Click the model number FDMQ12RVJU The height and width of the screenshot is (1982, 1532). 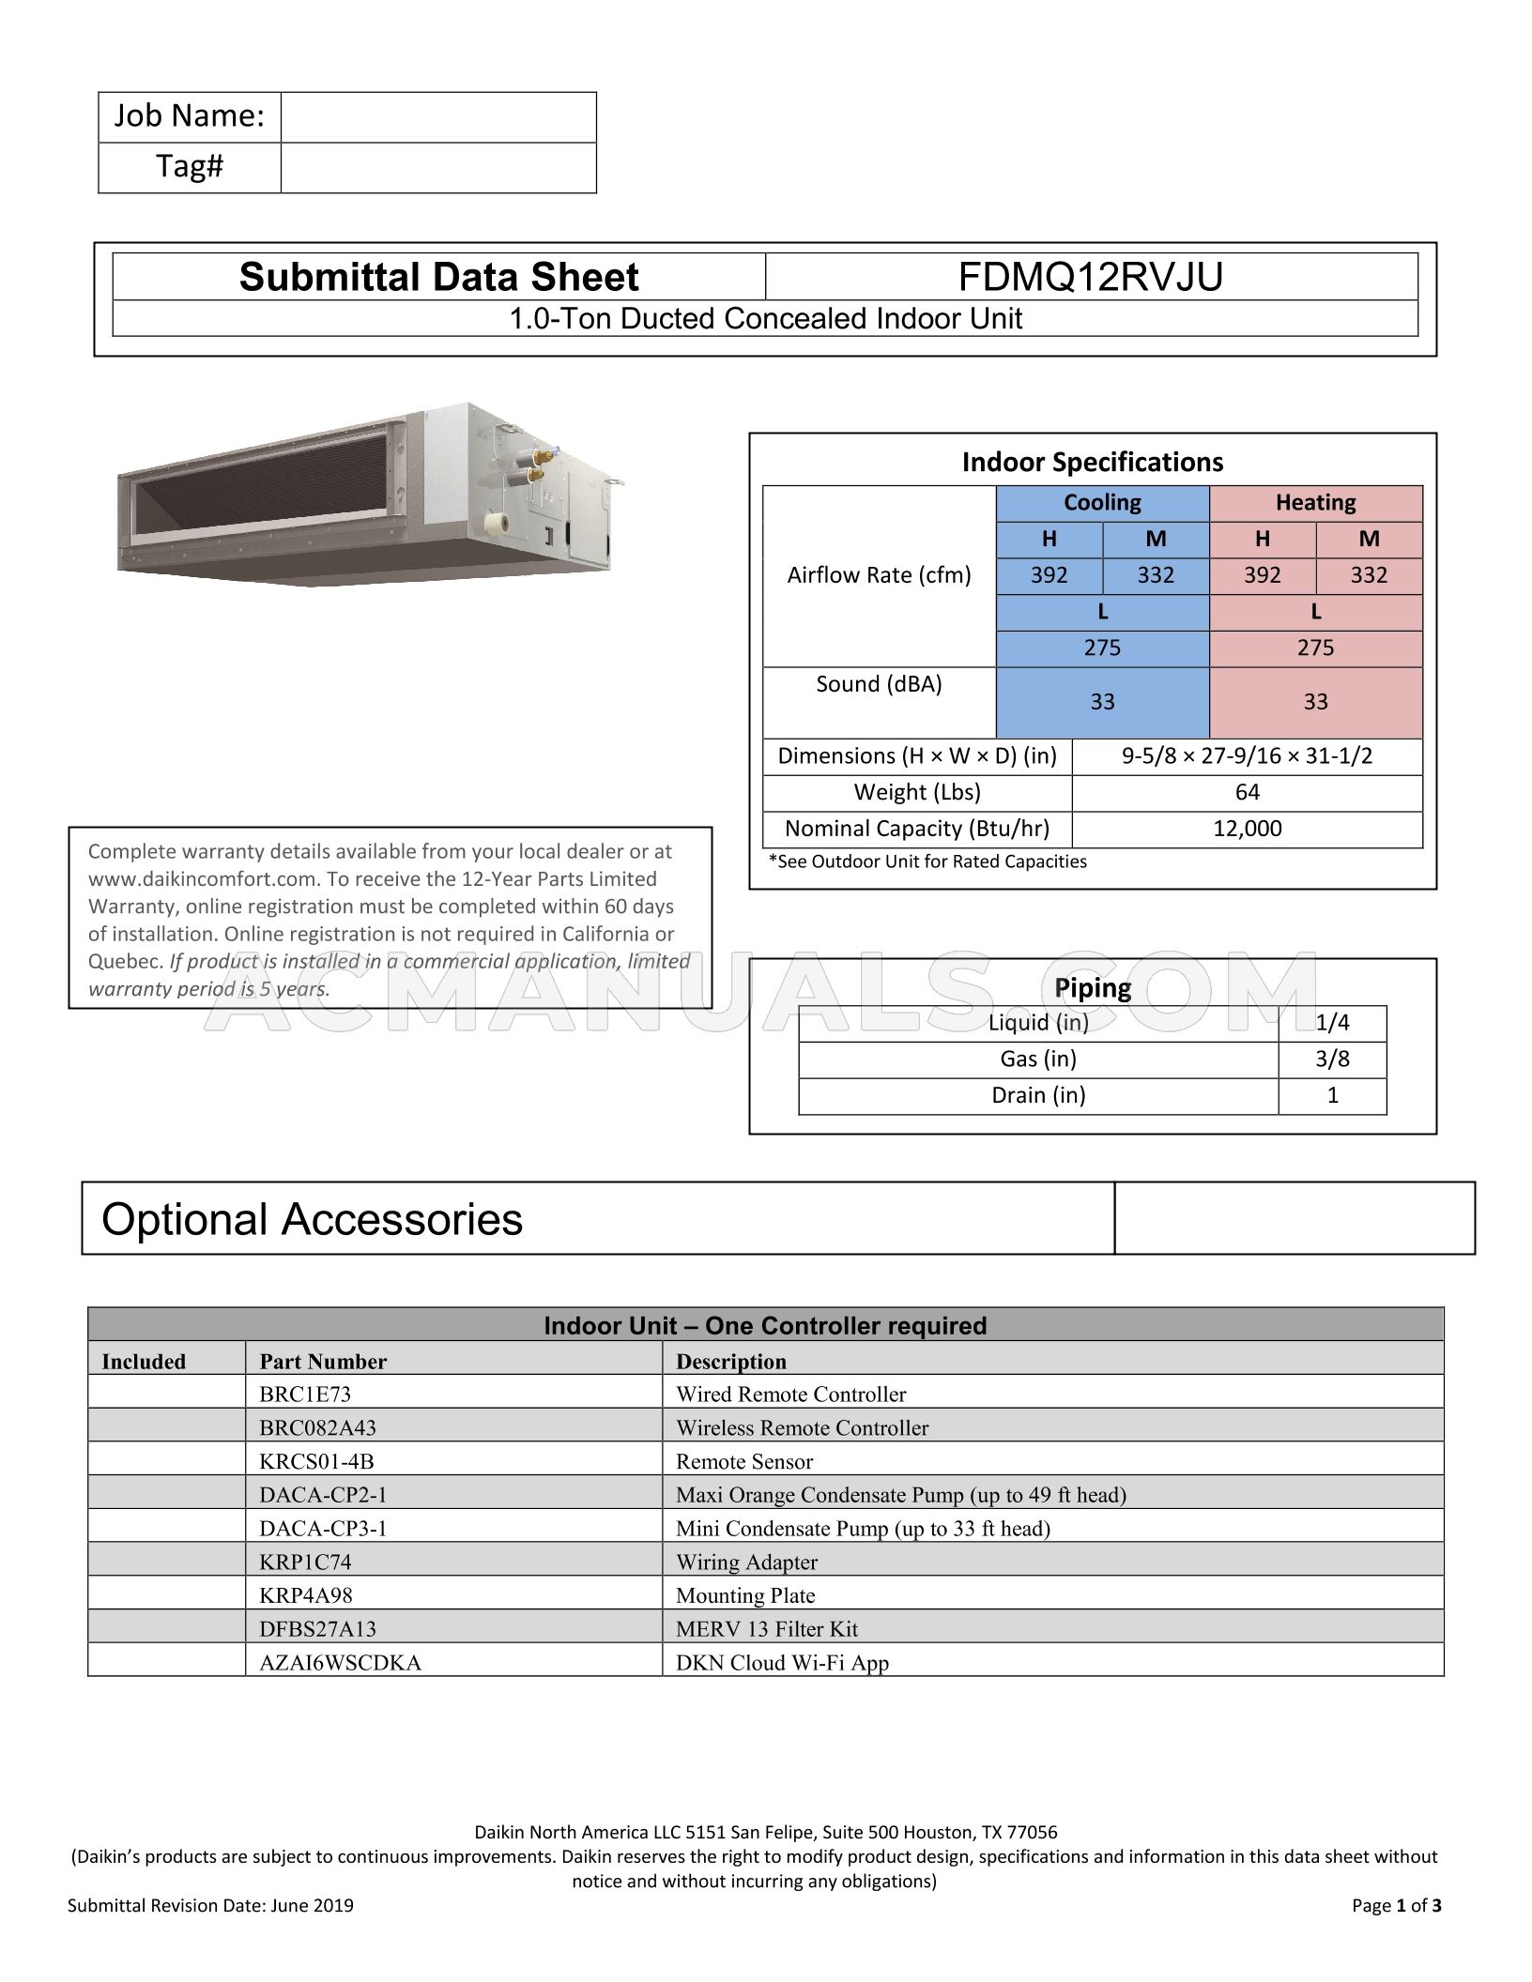point(1091,278)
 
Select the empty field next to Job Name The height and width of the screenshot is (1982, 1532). point(438,117)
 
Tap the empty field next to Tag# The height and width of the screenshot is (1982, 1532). point(438,168)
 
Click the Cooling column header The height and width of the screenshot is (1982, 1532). point(1102,503)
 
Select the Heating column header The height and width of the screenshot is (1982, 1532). point(1315,503)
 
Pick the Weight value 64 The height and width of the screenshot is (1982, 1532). point(1247,792)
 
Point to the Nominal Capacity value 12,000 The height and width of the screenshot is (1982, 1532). point(1247,829)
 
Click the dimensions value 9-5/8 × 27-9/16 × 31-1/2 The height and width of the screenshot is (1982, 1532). point(1247,756)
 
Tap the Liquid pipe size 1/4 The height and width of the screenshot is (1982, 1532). point(1332,1023)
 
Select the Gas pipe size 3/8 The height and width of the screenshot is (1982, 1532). point(1332,1060)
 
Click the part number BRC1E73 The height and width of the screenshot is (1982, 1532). point(305,1395)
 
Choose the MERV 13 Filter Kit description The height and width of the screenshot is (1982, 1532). point(767,1629)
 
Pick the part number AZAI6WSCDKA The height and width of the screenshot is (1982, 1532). point(340,1663)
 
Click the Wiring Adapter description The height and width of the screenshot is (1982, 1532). point(746,1562)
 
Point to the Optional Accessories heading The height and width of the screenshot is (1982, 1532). point(312,1219)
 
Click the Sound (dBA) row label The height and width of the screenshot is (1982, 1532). point(879,684)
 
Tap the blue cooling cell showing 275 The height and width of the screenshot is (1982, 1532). point(1102,648)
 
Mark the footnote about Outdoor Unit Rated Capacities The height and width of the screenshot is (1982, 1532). point(927,861)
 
